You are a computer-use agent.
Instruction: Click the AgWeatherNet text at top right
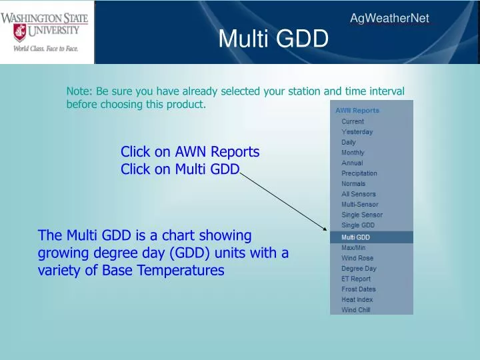[389, 19]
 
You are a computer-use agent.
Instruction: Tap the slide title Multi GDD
[273, 40]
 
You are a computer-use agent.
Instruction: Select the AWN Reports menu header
[357, 111]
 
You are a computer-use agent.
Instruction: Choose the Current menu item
[353, 121]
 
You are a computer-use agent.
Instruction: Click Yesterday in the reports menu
[357, 132]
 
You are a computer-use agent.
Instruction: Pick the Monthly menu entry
[353, 153]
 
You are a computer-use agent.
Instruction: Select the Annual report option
[352, 163]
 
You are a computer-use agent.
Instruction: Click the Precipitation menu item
[359, 173]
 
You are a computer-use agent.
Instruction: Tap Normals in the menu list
[353, 183]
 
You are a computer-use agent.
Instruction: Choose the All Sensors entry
[358, 194]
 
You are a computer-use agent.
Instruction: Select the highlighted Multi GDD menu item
[355, 237]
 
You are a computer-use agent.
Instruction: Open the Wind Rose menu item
[357, 258]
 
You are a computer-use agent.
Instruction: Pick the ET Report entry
[356, 279]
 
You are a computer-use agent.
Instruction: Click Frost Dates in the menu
[358, 289]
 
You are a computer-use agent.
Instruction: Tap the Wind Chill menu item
[355, 310]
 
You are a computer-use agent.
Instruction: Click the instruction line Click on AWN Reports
[190, 152]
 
